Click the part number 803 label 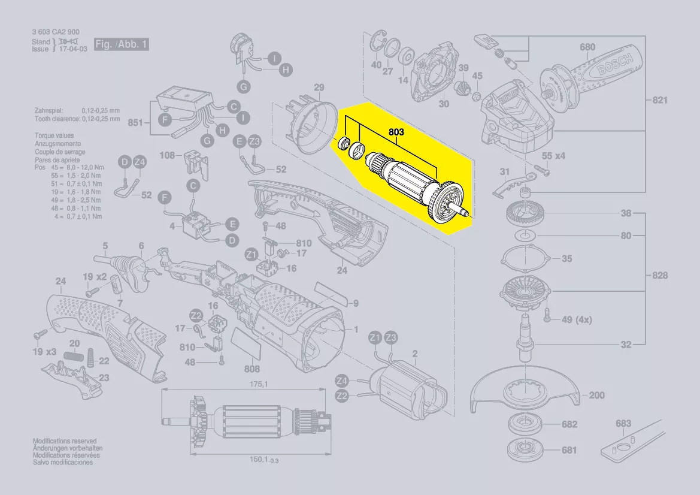coord(396,131)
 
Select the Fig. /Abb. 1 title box coord(120,45)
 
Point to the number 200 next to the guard coord(596,396)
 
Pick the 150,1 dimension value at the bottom coord(259,459)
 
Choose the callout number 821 coord(659,100)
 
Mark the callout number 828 coord(659,276)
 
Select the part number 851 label coord(136,123)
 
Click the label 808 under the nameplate coord(251,369)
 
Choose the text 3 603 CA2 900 coord(55,32)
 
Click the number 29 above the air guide coord(319,88)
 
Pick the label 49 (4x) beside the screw coord(577,320)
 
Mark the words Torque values coord(54,136)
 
